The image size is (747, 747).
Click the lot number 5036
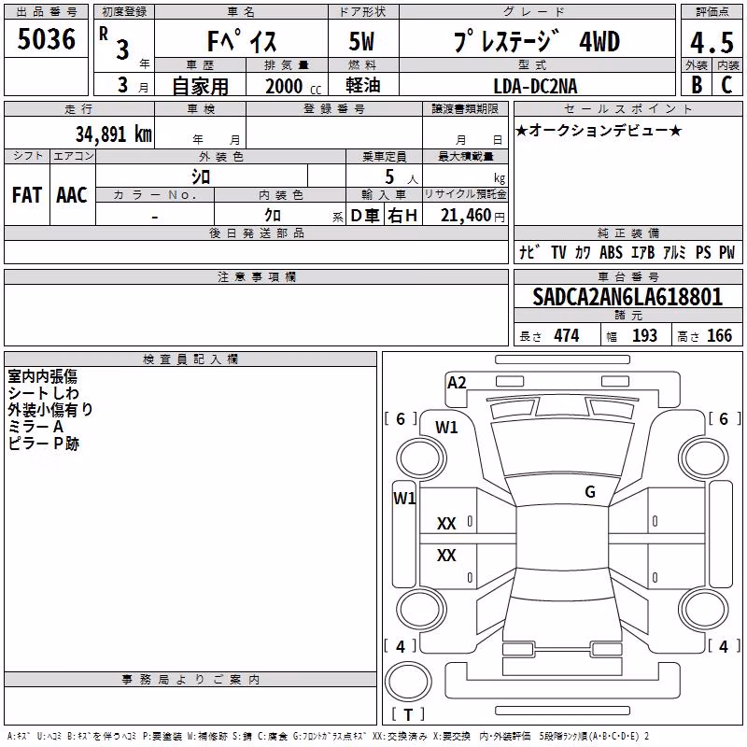(x=46, y=39)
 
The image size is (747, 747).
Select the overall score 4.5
(x=712, y=43)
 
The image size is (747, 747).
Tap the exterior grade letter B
(x=697, y=85)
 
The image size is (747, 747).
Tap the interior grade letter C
(x=726, y=85)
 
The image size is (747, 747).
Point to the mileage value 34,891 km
(x=114, y=134)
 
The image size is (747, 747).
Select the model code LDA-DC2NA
(x=535, y=86)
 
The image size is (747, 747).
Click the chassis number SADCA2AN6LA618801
(x=627, y=297)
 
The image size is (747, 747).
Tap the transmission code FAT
(x=27, y=195)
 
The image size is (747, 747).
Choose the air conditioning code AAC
(x=72, y=195)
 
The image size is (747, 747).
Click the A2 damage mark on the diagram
(x=457, y=383)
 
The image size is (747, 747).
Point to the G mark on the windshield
(x=590, y=492)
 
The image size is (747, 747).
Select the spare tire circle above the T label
(x=408, y=681)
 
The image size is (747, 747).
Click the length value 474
(x=567, y=335)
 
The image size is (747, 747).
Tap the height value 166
(x=719, y=335)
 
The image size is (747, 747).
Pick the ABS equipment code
(x=611, y=252)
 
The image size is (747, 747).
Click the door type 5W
(x=361, y=41)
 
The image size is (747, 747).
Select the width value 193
(x=644, y=335)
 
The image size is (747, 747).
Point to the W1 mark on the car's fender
(x=446, y=428)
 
